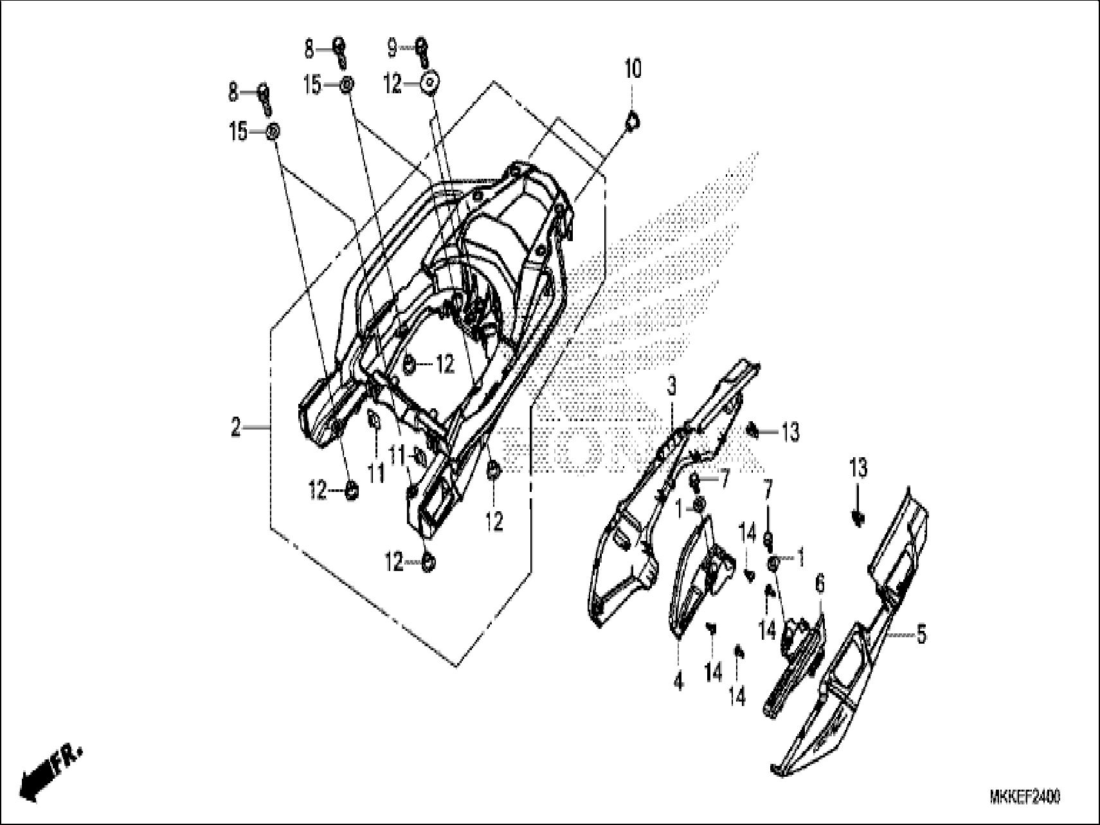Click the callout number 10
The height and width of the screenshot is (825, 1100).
click(x=633, y=69)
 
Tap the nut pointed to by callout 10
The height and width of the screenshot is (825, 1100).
click(x=632, y=120)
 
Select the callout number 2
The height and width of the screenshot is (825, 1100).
click(x=236, y=427)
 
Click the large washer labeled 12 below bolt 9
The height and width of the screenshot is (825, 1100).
click(x=430, y=84)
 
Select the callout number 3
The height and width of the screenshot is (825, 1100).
click(x=671, y=387)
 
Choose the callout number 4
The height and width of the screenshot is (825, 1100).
click(x=678, y=681)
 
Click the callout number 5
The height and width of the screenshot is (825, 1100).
click(x=921, y=635)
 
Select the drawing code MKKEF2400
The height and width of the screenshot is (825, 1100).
click(x=1025, y=797)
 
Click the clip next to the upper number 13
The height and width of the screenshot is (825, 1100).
click(x=753, y=431)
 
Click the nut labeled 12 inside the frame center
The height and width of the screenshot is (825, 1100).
click(x=409, y=365)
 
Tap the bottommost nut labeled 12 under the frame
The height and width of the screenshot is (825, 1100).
click(x=428, y=564)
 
